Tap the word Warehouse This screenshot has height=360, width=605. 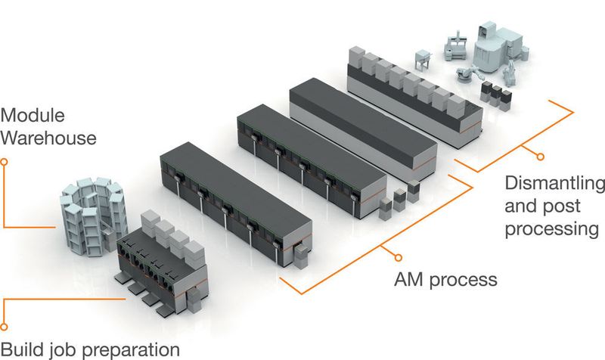pyautogui.click(x=48, y=138)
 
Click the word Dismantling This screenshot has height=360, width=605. pyautogui.click(x=554, y=185)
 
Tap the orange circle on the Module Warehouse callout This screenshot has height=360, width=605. pyautogui.click(x=5, y=160)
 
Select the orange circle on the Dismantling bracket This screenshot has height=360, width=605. pyautogui.click(x=540, y=157)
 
